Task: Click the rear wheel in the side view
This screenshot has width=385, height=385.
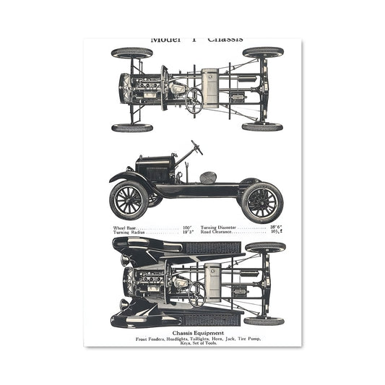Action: [x=261, y=201]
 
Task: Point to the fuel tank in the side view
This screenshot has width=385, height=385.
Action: [x=208, y=177]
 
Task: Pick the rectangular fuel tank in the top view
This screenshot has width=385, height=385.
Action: [x=209, y=90]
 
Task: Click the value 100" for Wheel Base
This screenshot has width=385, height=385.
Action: [x=186, y=228]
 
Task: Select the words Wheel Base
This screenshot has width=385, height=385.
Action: [x=124, y=228]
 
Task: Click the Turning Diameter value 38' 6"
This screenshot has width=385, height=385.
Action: [x=276, y=228]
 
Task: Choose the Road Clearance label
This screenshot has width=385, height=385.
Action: [x=216, y=233]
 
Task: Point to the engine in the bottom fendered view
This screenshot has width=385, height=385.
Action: [x=152, y=277]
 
